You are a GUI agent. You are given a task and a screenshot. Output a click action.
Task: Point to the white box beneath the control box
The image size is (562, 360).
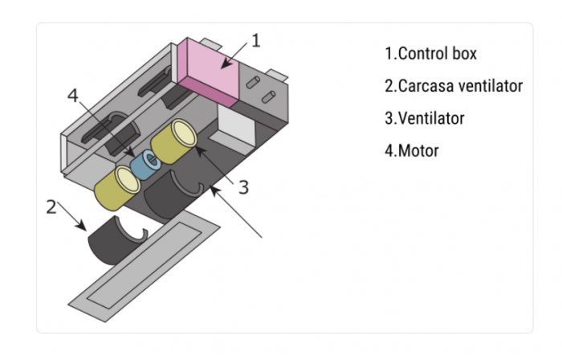[x=235, y=128]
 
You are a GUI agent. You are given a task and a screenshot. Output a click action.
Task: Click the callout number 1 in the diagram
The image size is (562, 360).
[x=255, y=40]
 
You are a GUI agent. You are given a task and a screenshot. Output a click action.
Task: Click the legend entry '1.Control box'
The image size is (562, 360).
[x=430, y=54]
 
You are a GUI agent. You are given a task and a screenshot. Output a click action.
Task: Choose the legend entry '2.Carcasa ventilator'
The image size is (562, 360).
[x=453, y=85]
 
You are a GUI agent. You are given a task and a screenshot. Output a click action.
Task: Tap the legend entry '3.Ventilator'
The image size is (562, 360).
[x=424, y=118]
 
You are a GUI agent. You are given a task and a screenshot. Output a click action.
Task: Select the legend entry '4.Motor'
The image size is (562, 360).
[x=412, y=150]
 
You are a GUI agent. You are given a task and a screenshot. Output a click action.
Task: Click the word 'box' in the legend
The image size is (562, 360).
[x=462, y=54]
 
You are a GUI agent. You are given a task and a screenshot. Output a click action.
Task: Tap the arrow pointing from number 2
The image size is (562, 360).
[x=73, y=219]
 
